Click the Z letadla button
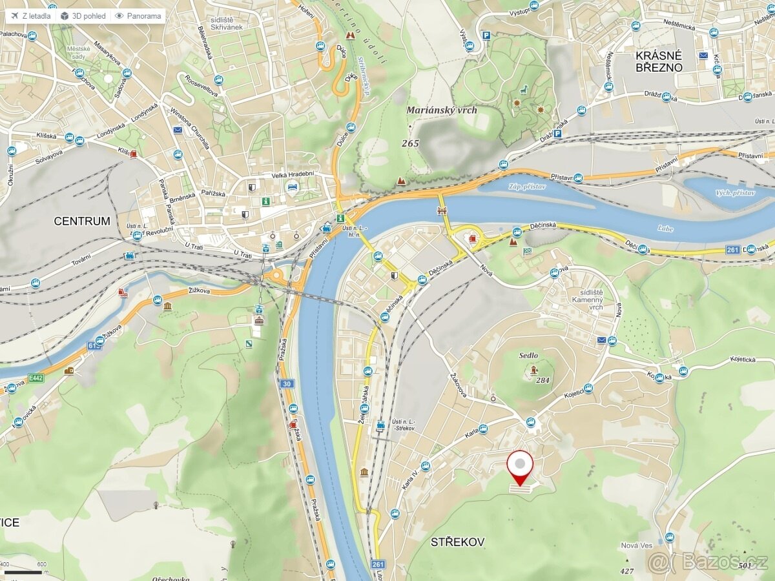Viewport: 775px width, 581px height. (30, 15)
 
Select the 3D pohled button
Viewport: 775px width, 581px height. (83, 15)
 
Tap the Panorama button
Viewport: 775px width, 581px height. (138, 15)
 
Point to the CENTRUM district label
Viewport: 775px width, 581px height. (82, 221)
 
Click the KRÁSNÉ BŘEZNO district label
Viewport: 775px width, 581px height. (658, 62)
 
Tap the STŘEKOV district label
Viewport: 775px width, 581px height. (458, 542)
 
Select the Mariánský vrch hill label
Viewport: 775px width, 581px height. (442, 110)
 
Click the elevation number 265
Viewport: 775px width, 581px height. (409, 143)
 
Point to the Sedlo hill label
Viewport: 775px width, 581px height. (528, 356)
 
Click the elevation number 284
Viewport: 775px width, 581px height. (542, 380)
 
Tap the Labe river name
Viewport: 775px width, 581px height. (665, 229)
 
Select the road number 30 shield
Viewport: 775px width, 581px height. (287, 383)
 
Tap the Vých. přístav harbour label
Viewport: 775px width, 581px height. (735, 192)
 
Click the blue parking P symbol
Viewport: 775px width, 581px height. (557, 134)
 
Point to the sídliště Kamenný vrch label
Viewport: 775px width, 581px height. (587, 300)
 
